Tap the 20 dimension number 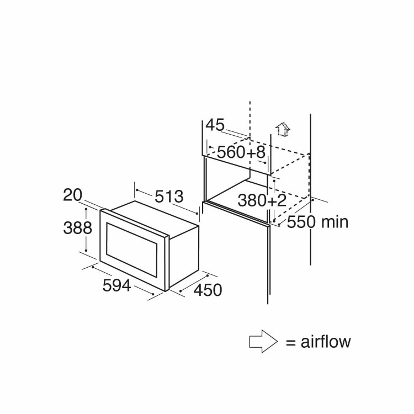click(x=72, y=195)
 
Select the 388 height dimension click(x=75, y=227)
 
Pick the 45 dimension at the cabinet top click(x=215, y=126)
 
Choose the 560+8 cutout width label click(x=241, y=152)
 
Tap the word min click(x=335, y=222)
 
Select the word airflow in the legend click(x=326, y=342)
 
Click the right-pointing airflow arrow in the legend click(x=263, y=341)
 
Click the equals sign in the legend click(x=290, y=342)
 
